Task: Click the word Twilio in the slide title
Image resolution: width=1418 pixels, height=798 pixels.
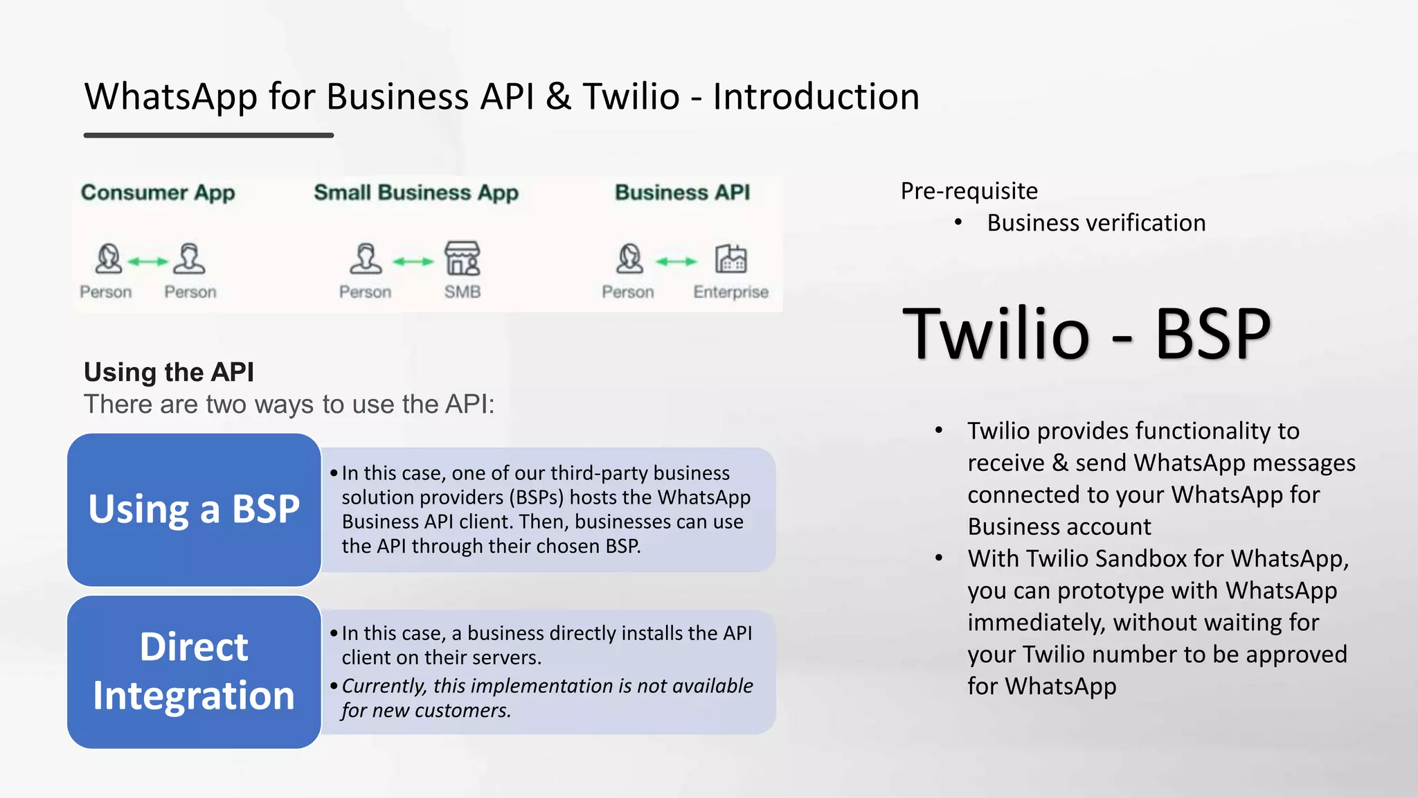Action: pos(631,96)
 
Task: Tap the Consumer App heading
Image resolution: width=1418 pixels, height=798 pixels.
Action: pos(158,193)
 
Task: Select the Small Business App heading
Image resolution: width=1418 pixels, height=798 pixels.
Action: pos(415,193)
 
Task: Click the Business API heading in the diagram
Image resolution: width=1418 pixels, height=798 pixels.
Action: pos(682,193)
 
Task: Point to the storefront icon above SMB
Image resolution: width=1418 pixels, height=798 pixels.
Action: pos(463,258)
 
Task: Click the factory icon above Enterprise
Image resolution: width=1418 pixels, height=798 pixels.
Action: pos(730,259)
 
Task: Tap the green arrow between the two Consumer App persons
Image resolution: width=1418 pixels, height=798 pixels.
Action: pos(148,261)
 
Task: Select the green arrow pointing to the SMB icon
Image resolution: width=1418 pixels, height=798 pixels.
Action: pos(413,261)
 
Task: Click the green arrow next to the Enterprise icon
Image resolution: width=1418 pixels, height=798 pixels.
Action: pos(676,261)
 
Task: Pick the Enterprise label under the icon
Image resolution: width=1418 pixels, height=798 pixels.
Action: pos(730,292)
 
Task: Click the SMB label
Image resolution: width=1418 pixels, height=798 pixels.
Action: pos(463,292)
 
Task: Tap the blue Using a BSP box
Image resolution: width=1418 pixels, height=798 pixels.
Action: pos(194,510)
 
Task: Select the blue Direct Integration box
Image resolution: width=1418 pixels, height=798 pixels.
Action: pos(194,671)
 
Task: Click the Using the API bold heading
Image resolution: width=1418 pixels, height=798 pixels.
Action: pos(169,372)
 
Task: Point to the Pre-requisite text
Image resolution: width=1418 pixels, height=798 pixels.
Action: pos(969,190)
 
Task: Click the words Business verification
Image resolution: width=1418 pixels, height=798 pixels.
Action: pos(1096,222)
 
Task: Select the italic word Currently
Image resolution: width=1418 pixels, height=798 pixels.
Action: pos(384,686)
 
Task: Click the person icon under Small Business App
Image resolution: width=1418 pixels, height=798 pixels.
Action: pos(366,258)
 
